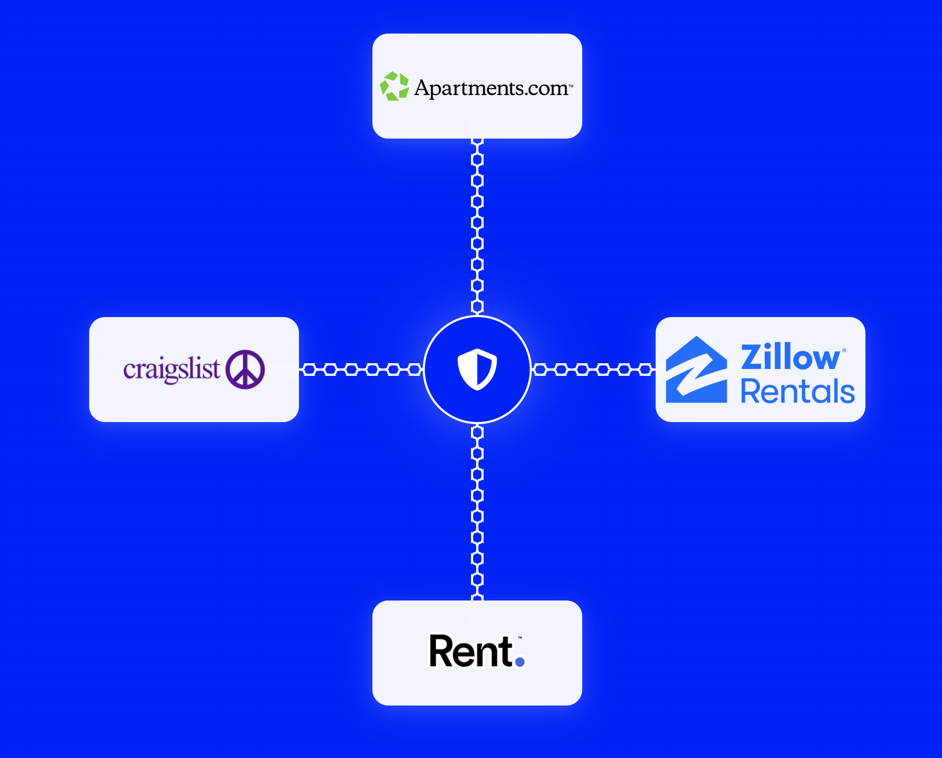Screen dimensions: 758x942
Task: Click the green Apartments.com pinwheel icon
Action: (394, 87)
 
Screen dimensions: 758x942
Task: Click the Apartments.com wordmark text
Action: (491, 88)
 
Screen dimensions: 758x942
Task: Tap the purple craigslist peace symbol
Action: (245, 370)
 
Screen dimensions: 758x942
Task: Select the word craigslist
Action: (172, 370)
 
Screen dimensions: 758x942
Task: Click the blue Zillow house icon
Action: (697, 370)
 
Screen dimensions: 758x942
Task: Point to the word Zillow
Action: (790, 357)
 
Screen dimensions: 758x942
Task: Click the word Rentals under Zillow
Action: (797, 392)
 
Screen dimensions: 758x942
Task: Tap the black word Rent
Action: (470, 651)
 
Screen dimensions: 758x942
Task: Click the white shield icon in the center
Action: (477, 370)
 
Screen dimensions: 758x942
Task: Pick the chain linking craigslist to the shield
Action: (361, 370)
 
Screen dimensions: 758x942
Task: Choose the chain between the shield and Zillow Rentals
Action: (593, 370)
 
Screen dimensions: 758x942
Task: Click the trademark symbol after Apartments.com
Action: (571, 86)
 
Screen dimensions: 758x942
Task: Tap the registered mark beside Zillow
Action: (844, 350)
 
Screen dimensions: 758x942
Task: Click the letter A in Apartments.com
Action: (423, 88)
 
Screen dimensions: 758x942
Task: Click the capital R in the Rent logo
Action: (442, 651)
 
